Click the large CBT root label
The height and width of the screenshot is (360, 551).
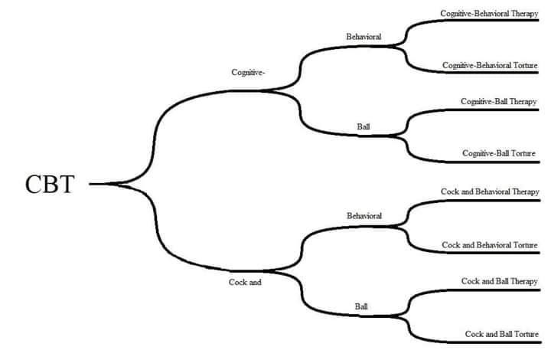[x=50, y=184]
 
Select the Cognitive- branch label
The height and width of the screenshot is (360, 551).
[x=248, y=73]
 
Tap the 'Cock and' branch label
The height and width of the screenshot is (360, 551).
[x=245, y=282]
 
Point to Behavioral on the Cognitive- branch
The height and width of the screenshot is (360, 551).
[x=364, y=37]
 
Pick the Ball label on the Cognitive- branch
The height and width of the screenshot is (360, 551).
[x=364, y=126]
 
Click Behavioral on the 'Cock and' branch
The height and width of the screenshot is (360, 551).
[x=364, y=216]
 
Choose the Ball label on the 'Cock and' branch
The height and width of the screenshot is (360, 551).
[x=361, y=306]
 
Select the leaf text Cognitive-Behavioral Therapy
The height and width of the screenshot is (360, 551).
[x=489, y=14]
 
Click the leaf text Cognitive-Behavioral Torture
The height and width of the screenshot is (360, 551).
[x=490, y=65]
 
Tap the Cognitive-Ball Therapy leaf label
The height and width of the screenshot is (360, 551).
[x=499, y=102]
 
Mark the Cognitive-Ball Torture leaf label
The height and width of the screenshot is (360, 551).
[x=499, y=153]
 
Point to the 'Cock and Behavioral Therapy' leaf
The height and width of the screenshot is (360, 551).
[x=490, y=191]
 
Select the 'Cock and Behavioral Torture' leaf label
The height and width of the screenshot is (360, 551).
[x=490, y=245]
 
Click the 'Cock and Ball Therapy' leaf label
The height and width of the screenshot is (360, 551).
[x=499, y=281]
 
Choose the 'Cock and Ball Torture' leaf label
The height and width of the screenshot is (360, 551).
[x=502, y=334]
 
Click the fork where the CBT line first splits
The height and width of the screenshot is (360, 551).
[x=116, y=184]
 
